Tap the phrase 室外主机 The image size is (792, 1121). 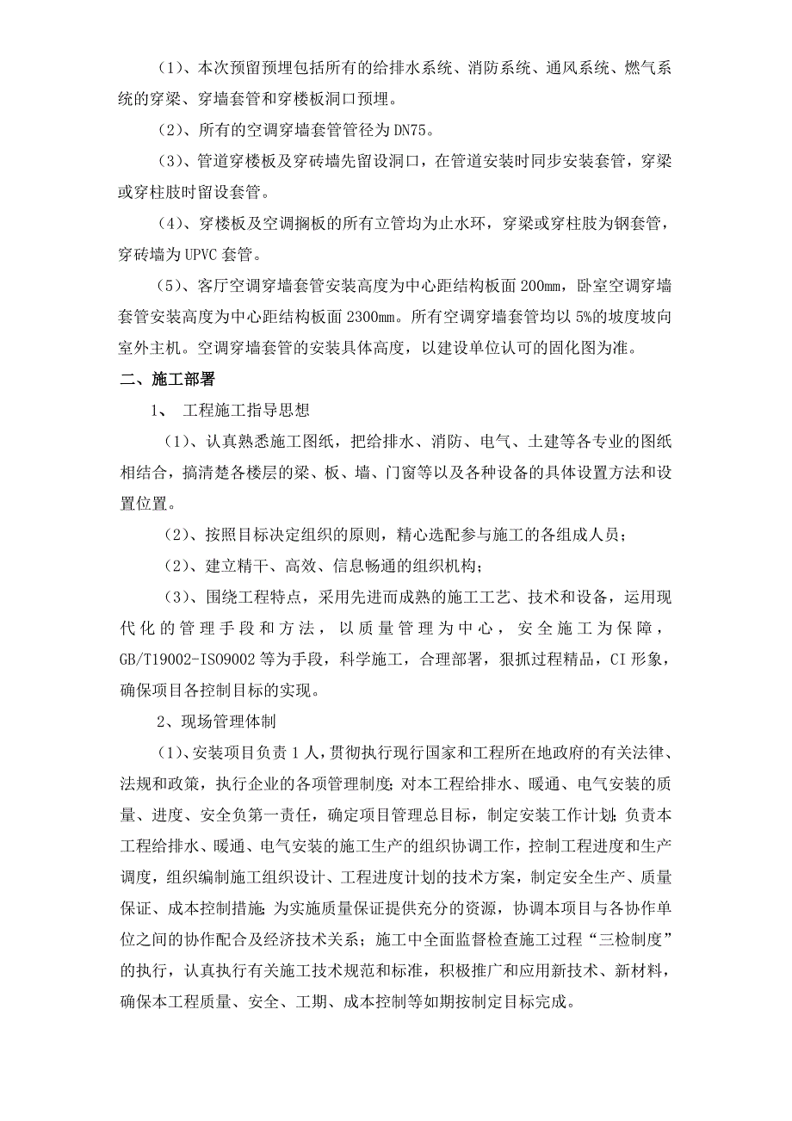[152, 349]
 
